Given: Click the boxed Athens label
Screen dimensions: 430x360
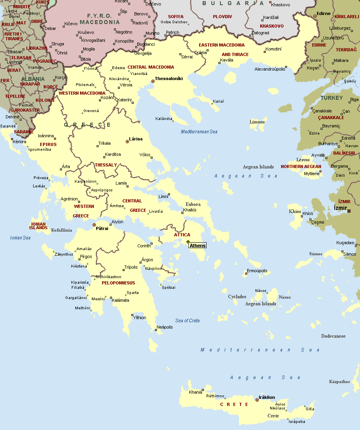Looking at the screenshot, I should [x=198, y=245].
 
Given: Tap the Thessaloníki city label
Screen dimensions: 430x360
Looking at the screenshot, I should [x=169, y=79].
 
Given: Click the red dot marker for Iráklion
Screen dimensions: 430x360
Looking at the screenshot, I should [x=257, y=400].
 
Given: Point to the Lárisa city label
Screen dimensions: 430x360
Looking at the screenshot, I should [x=136, y=139].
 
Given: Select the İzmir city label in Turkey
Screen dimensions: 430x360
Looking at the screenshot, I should [x=340, y=208].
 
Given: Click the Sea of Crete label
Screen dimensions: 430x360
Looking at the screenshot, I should [x=188, y=321].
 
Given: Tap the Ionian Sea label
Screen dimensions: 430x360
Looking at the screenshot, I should [x=20, y=238].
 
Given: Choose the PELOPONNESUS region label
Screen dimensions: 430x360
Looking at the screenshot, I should [x=118, y=283].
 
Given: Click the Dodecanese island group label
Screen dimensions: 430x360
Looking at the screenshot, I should [x=333, y=336].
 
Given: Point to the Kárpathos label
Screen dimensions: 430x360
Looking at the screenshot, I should [x=339, y=381].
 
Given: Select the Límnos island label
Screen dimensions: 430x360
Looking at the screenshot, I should [x=257, y=122].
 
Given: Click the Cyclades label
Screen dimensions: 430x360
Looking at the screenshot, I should [x=237, y=297].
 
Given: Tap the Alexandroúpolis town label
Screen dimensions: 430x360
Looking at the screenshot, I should [x=270, y=69].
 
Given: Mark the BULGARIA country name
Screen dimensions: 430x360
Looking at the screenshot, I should [x=233, y=3].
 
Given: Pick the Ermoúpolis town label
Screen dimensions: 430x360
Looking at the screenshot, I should [x=257, y=271].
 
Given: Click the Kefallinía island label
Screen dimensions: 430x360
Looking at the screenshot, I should [x=62, y=230].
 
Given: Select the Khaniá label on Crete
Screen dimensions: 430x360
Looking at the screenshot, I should [x=196, y=392].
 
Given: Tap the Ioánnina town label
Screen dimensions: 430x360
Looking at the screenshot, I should [x=46, y=136].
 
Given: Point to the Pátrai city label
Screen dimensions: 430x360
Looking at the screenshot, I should [x=103, y=228].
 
